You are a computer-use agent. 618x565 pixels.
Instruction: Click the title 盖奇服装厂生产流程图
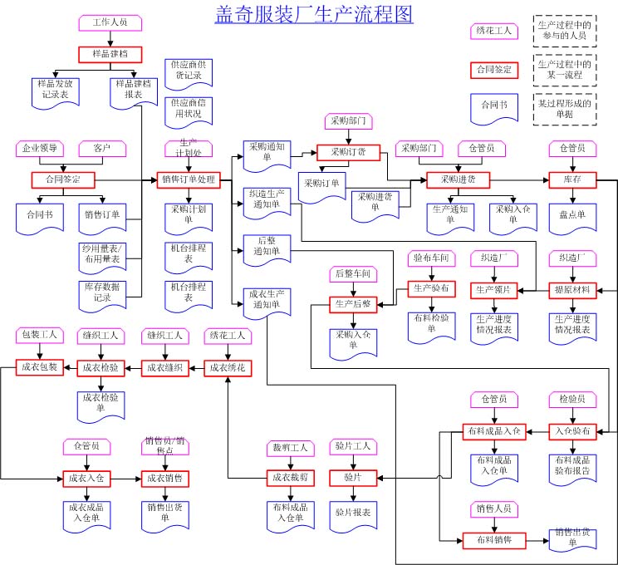coord(314,15)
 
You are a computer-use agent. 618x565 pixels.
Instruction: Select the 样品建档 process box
coord(105,55)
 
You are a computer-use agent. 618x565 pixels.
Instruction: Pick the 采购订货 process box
coord(347,152)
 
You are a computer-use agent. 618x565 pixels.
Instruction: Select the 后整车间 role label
coord(353,273)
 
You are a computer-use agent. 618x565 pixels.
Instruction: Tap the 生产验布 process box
coord(432,289)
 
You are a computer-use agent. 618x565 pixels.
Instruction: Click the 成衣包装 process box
coord(40,366)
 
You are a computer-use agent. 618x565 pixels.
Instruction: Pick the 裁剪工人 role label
coord(290,448)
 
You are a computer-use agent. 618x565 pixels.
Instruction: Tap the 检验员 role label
coord(572,400)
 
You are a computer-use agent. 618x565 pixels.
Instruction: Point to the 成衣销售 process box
coord(164,479)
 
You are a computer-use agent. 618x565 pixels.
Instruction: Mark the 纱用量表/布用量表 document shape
coord(102,254)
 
